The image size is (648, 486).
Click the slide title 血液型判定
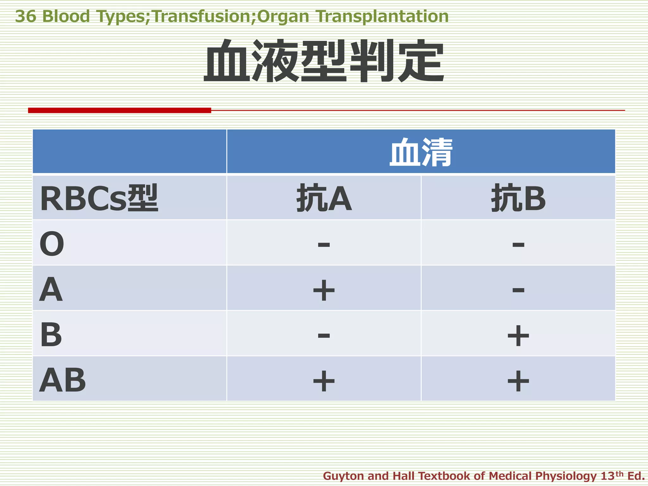point(324,61)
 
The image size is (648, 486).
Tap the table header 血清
point(421,153)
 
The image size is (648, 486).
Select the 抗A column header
point(324,198)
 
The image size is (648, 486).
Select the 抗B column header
point(518,198)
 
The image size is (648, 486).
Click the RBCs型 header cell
point(99,198)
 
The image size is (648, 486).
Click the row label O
point(52,244)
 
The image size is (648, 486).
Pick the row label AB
point(62,380)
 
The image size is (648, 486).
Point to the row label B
point(51,334)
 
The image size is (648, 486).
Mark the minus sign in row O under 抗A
point(324,244)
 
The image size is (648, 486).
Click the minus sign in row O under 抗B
point(518,244)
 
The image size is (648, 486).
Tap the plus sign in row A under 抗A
point(324,290)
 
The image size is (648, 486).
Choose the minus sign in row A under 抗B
point(518,290)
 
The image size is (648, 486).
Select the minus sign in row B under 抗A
point(324,335)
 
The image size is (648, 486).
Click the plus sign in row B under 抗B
point(518,336)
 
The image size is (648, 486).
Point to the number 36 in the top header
point(26,16)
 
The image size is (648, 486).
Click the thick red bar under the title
point(120,110)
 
